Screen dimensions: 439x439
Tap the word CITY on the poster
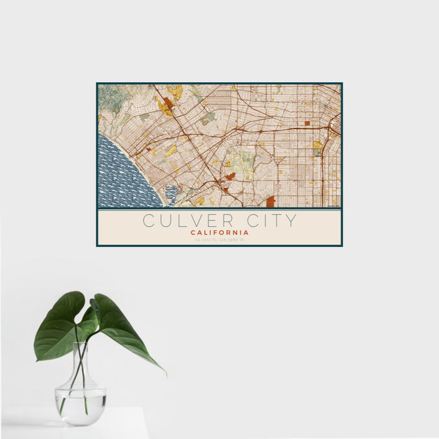click(268, 221)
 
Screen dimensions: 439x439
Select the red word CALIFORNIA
click(219, 233)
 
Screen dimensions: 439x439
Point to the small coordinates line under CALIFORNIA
click(219, 240)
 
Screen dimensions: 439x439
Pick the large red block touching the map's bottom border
click(270, 201)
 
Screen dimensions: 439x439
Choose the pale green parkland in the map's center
click(241, 159)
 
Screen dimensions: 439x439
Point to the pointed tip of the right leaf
click(165, 374)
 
